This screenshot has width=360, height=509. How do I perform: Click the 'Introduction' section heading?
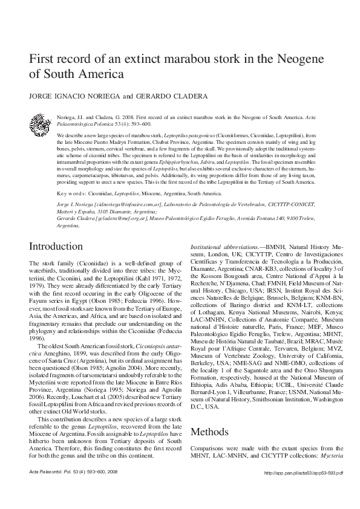[x=56, y=264]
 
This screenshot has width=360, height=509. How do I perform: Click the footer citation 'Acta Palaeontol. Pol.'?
[x=52, y=488]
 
